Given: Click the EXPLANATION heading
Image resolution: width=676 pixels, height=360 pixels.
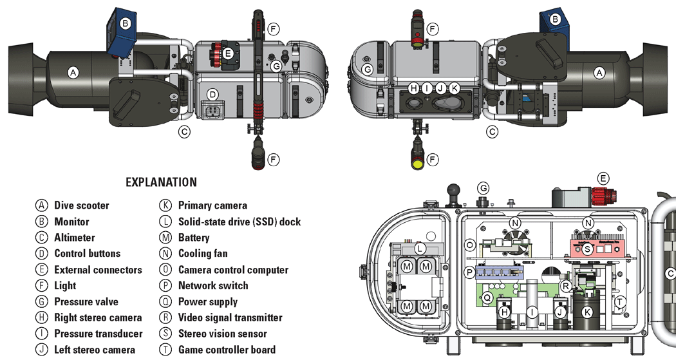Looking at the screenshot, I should (161, 182).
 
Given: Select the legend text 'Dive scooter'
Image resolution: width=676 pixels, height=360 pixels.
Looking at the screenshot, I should (81, 205).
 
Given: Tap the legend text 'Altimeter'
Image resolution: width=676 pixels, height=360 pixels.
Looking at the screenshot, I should (74, 238).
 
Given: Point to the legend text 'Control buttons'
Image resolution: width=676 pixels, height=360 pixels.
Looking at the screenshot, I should (87, 254).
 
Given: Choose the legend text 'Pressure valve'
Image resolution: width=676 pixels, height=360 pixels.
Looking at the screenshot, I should (86, 301).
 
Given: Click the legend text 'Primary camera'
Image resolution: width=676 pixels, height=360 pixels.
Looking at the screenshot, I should (212, 205).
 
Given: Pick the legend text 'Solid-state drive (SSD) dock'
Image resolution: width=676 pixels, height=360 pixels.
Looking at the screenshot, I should (239, 222).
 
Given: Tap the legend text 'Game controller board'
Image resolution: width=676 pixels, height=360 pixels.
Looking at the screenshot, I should (227, 350).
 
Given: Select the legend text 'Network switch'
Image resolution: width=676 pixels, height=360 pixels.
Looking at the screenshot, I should (212, 285).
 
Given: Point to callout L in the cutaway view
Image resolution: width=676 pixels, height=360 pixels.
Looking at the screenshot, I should (419, 248).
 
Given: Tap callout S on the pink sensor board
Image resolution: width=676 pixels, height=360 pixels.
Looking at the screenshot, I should (587, 248).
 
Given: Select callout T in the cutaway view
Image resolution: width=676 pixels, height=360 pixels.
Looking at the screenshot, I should (619, 301).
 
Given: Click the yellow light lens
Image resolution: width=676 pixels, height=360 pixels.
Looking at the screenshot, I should (417, 165).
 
